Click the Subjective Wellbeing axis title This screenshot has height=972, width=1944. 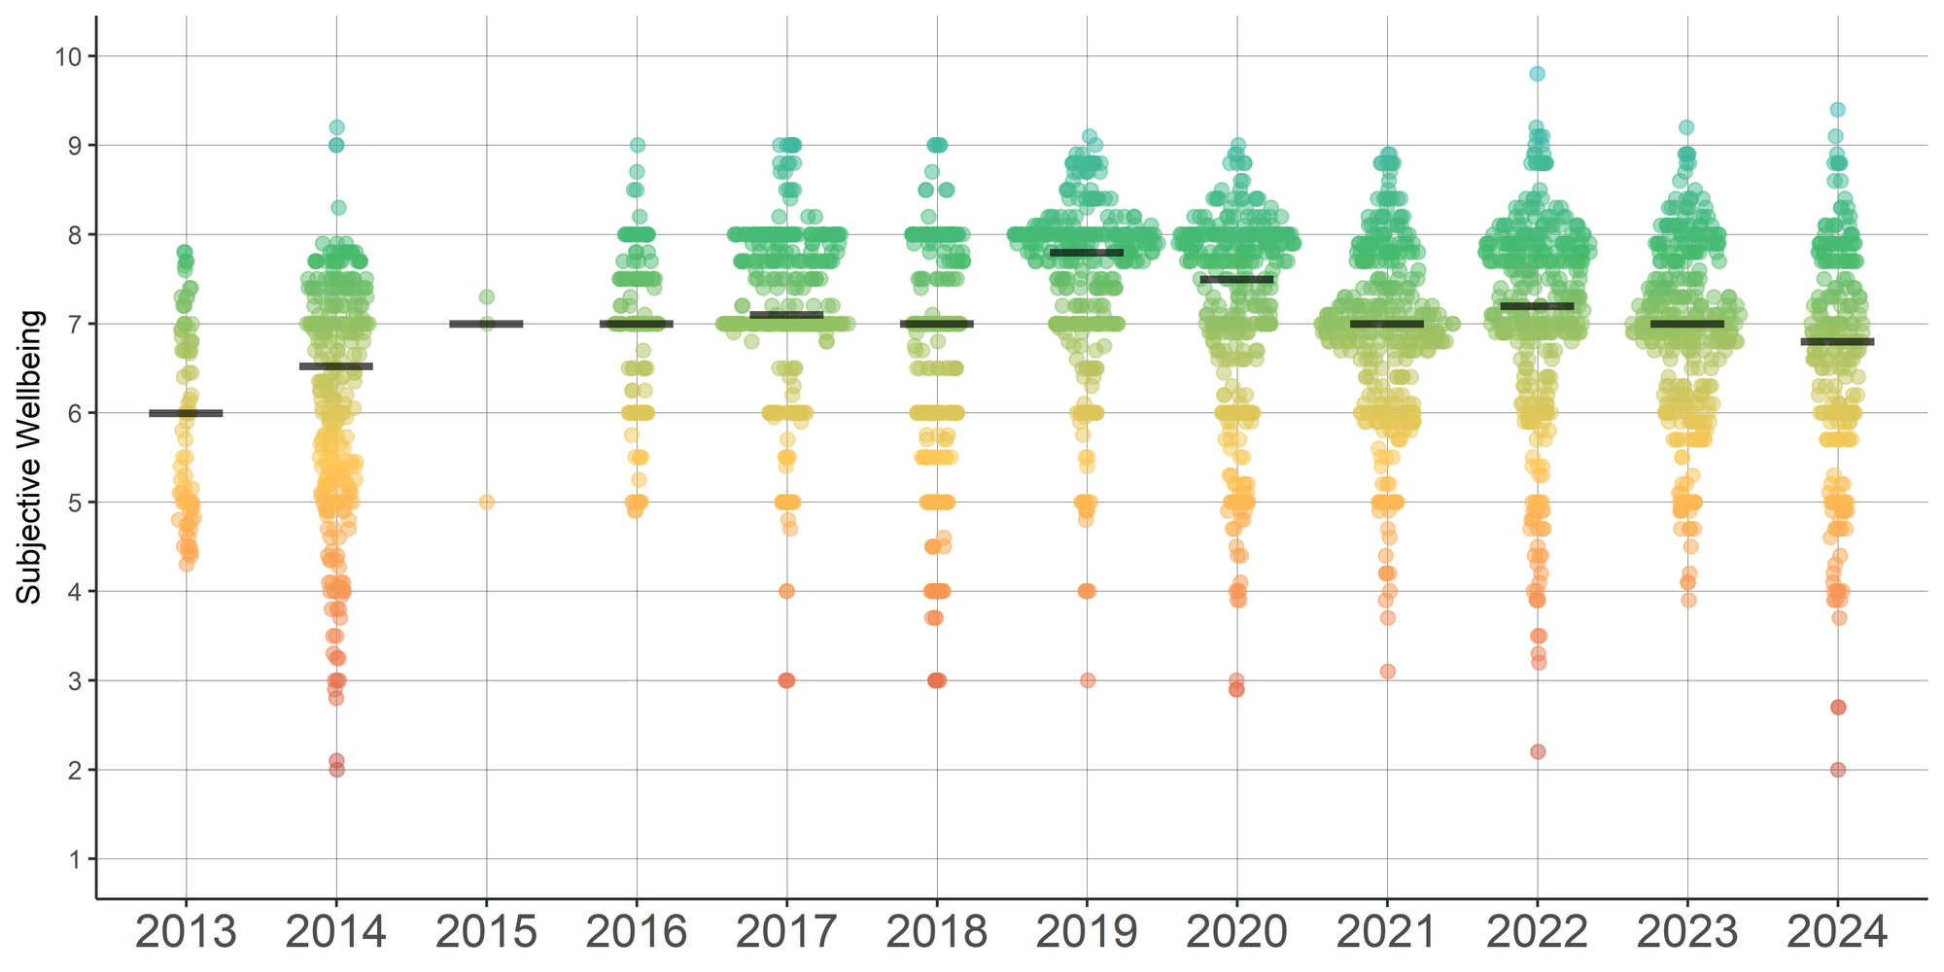tap(30, 457)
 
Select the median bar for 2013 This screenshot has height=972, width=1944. tap(186, 413)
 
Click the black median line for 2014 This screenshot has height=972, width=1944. tap(336, 366)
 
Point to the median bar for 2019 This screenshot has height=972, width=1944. tap(1087, 253)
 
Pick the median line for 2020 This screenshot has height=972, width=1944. tap(1236, 279)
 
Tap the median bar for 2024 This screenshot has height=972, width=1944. tap(1837, 342)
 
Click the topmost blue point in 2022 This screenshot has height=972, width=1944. tap(1537, 74)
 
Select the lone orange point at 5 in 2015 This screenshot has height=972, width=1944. tap(486, 503)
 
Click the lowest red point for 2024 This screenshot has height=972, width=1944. tap(1837, 770)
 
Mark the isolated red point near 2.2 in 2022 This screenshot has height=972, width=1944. tap(1538, 751)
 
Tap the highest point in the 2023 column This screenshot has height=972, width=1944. tap(1686, 127)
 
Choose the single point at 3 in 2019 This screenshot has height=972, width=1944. tap(1087, 680)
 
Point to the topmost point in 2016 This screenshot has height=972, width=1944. tap(637, 145)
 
